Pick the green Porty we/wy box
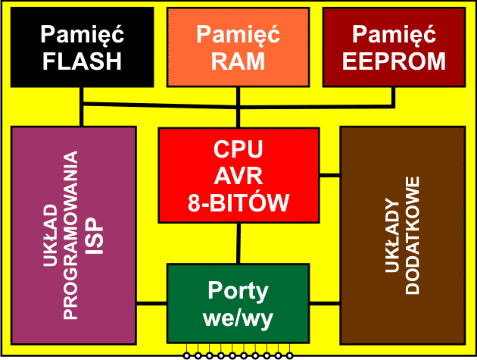click(238, 303)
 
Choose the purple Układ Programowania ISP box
click(73, 227)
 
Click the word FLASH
click(82, 61)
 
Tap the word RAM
click(238, 61)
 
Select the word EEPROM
click(393, 61)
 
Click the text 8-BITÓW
click(238, 202)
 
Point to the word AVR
click(238, 176)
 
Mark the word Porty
click(238, 290)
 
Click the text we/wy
click(238, 317)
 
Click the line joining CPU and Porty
click(239, 244)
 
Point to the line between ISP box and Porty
click(151, 304)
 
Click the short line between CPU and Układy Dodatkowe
click(329, 176)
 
